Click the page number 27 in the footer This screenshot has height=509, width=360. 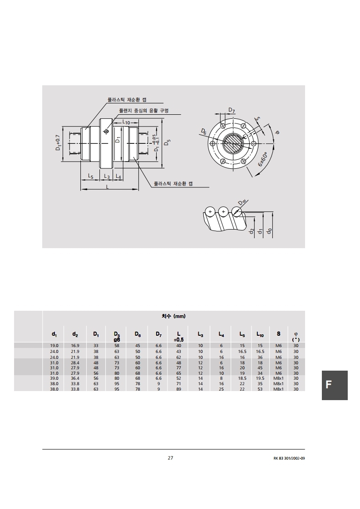tap(171, 458)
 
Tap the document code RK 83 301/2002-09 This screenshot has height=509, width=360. tap(289, 458)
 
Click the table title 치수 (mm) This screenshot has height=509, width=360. tap(173, 316)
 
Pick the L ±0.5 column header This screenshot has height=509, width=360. tap(179, 337)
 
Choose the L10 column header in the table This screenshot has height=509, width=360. tap(260, 334)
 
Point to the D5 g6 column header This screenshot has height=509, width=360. tap(117, 337)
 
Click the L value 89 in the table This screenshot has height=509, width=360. tap(179, 389)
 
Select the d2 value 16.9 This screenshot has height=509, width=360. tap(75, 346)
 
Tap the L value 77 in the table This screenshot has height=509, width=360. tap(179, 368)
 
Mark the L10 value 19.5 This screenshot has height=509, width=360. tap(260, 378)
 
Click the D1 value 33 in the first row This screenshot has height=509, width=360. tap(96, 346)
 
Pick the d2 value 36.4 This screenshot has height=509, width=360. tap(75, 378)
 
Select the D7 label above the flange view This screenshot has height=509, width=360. tap(232, 110)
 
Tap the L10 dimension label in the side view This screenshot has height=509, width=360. tap(126, 122)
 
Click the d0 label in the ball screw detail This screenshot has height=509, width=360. tap(270, 231)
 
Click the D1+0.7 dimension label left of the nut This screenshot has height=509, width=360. tap(58, 142)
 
